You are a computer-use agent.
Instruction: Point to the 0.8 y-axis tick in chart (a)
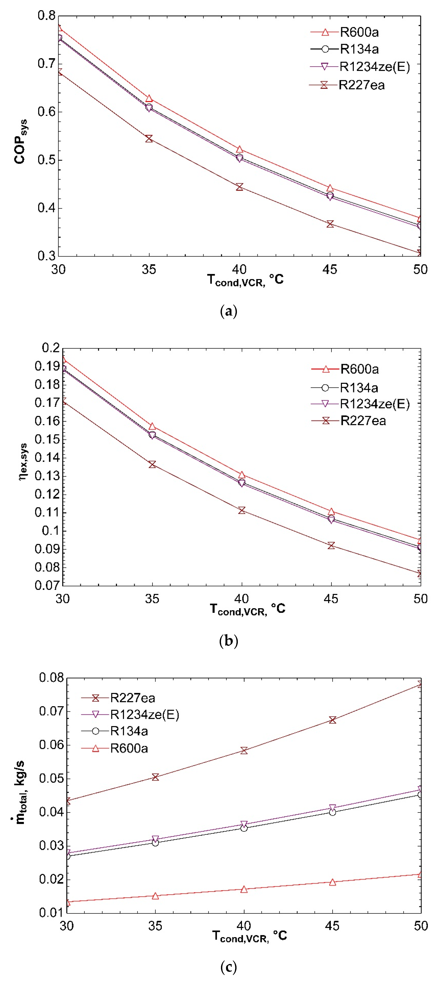point(46,16)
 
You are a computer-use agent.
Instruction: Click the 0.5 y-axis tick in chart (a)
point(46,160)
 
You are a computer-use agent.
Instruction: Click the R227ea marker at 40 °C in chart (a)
point(239,187)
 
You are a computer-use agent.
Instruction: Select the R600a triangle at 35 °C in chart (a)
point(149,99)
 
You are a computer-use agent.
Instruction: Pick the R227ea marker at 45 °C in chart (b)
point(331,545)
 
